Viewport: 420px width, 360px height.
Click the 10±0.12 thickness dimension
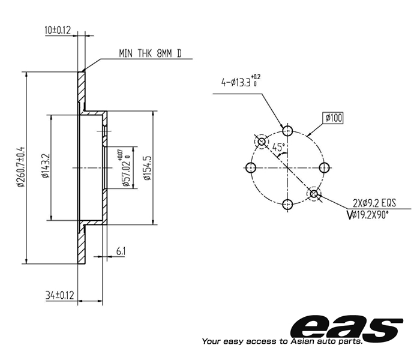[58, 30]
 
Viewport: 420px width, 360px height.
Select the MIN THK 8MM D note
[150, 53]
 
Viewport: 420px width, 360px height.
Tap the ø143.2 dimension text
[46, 166]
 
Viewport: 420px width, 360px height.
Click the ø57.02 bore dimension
[126, 168]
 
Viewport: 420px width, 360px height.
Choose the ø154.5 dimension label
[148, 168]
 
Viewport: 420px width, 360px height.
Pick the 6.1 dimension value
[121, 251]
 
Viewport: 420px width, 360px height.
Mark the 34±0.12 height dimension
[59, 295]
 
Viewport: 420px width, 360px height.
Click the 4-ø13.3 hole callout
[241, 81]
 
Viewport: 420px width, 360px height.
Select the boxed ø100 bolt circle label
[333, 118]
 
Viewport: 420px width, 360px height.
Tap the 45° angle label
[278, 147]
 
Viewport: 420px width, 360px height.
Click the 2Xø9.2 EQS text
[374, 203]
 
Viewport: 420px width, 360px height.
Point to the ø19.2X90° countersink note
[367, 215]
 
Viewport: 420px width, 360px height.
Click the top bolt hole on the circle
[287, 131]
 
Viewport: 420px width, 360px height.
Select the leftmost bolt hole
[251, 168]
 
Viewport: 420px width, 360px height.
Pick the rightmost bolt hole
[325, 168]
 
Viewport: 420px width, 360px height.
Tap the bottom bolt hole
[287, 205]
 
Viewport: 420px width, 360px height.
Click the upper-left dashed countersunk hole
[262, 141]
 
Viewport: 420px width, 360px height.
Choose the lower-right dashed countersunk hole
[314, 194]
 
